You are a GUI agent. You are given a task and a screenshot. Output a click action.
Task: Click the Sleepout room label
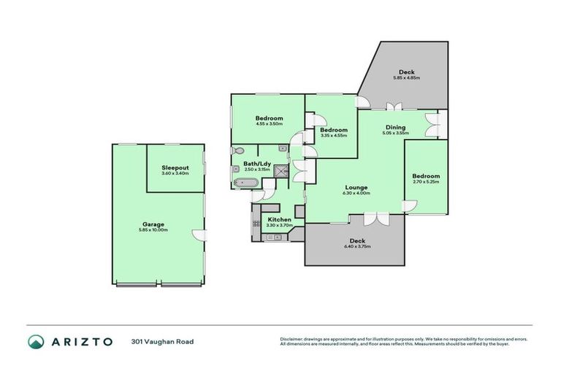click(175, 168)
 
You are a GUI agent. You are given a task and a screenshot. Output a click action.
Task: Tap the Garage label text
click(153, 224)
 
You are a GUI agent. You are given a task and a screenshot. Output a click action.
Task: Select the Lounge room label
click(356, 188)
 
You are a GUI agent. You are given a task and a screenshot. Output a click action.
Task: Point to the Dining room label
click(395, 127)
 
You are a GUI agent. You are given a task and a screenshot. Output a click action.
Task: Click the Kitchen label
click(279, 219)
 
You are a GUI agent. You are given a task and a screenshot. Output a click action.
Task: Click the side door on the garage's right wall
click(202, 234)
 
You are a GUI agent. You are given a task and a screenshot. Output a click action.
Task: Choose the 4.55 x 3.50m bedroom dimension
click(269, 124)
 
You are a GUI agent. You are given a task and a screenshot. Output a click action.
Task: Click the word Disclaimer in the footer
click(292, 338)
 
